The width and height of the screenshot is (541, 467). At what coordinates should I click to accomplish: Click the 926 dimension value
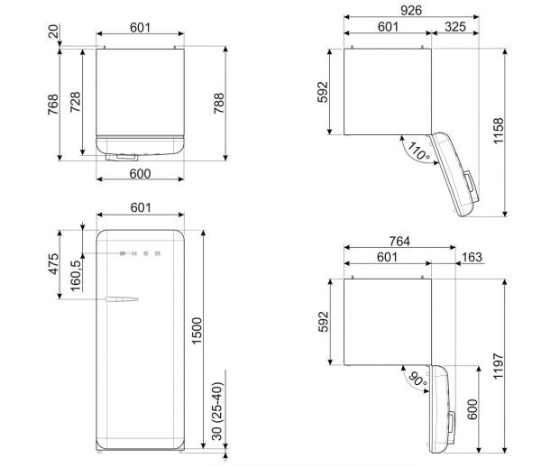pos(411,10)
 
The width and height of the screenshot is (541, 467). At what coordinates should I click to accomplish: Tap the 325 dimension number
pos(455,26)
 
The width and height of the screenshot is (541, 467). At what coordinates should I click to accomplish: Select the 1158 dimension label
pos(499,131)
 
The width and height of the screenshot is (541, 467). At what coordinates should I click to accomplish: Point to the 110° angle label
pos(418,151)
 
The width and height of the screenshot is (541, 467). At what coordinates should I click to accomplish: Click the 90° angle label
pos(417,379)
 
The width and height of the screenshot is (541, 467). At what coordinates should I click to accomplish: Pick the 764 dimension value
pos(399,241)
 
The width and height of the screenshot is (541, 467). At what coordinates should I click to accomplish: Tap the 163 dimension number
pos(472,257)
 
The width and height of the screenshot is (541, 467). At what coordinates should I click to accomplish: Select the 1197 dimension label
pos(499,366)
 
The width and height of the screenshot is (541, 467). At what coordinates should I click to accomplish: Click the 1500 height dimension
pos(197,331)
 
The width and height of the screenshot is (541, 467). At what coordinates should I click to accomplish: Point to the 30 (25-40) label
pos(217,411)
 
